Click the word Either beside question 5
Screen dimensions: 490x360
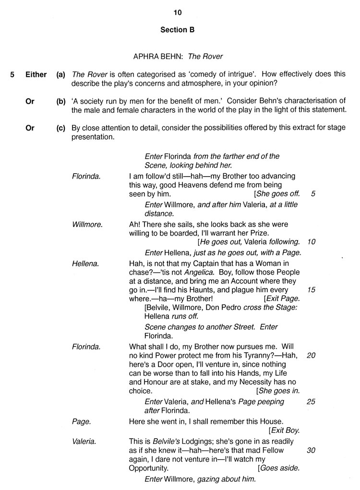[36, 74]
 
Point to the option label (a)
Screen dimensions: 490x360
[61, 74]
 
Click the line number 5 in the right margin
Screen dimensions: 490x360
[313, 194]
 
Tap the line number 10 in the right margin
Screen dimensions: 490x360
[311, 242]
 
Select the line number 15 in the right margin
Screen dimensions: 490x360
[311, 290]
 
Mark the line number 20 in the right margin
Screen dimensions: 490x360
[311, 355]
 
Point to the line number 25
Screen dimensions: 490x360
[311, 401]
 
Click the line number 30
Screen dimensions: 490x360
[311, 450]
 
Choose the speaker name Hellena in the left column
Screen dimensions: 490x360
[85, 263]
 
